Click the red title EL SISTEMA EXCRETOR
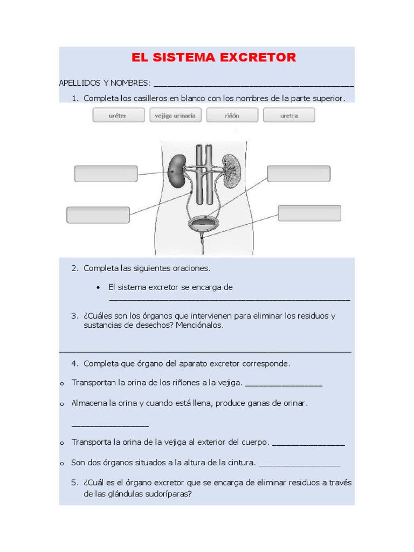click(213, 58)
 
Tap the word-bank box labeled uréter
click(119, 115)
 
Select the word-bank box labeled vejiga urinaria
click(176, 115)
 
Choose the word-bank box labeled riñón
click(232, 115)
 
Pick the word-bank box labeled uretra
click(289, 115)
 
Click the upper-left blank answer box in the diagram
click(106, 174)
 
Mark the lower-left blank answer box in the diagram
click(98, 215)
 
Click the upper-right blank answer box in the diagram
click(299, 174)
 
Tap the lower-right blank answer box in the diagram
click(309, 213)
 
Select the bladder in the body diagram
click(202, 222)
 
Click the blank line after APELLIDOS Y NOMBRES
click(253, 84)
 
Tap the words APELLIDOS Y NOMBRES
click(105, 83)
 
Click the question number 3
click(75, 316)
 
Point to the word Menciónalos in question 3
click(199, 326)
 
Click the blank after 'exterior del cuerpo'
click(308, 443)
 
